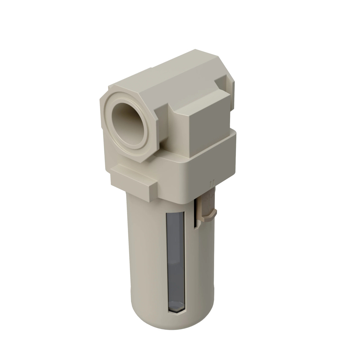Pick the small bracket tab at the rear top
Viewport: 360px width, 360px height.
coord(225,82)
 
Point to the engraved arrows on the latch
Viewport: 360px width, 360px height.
coord(208,200)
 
